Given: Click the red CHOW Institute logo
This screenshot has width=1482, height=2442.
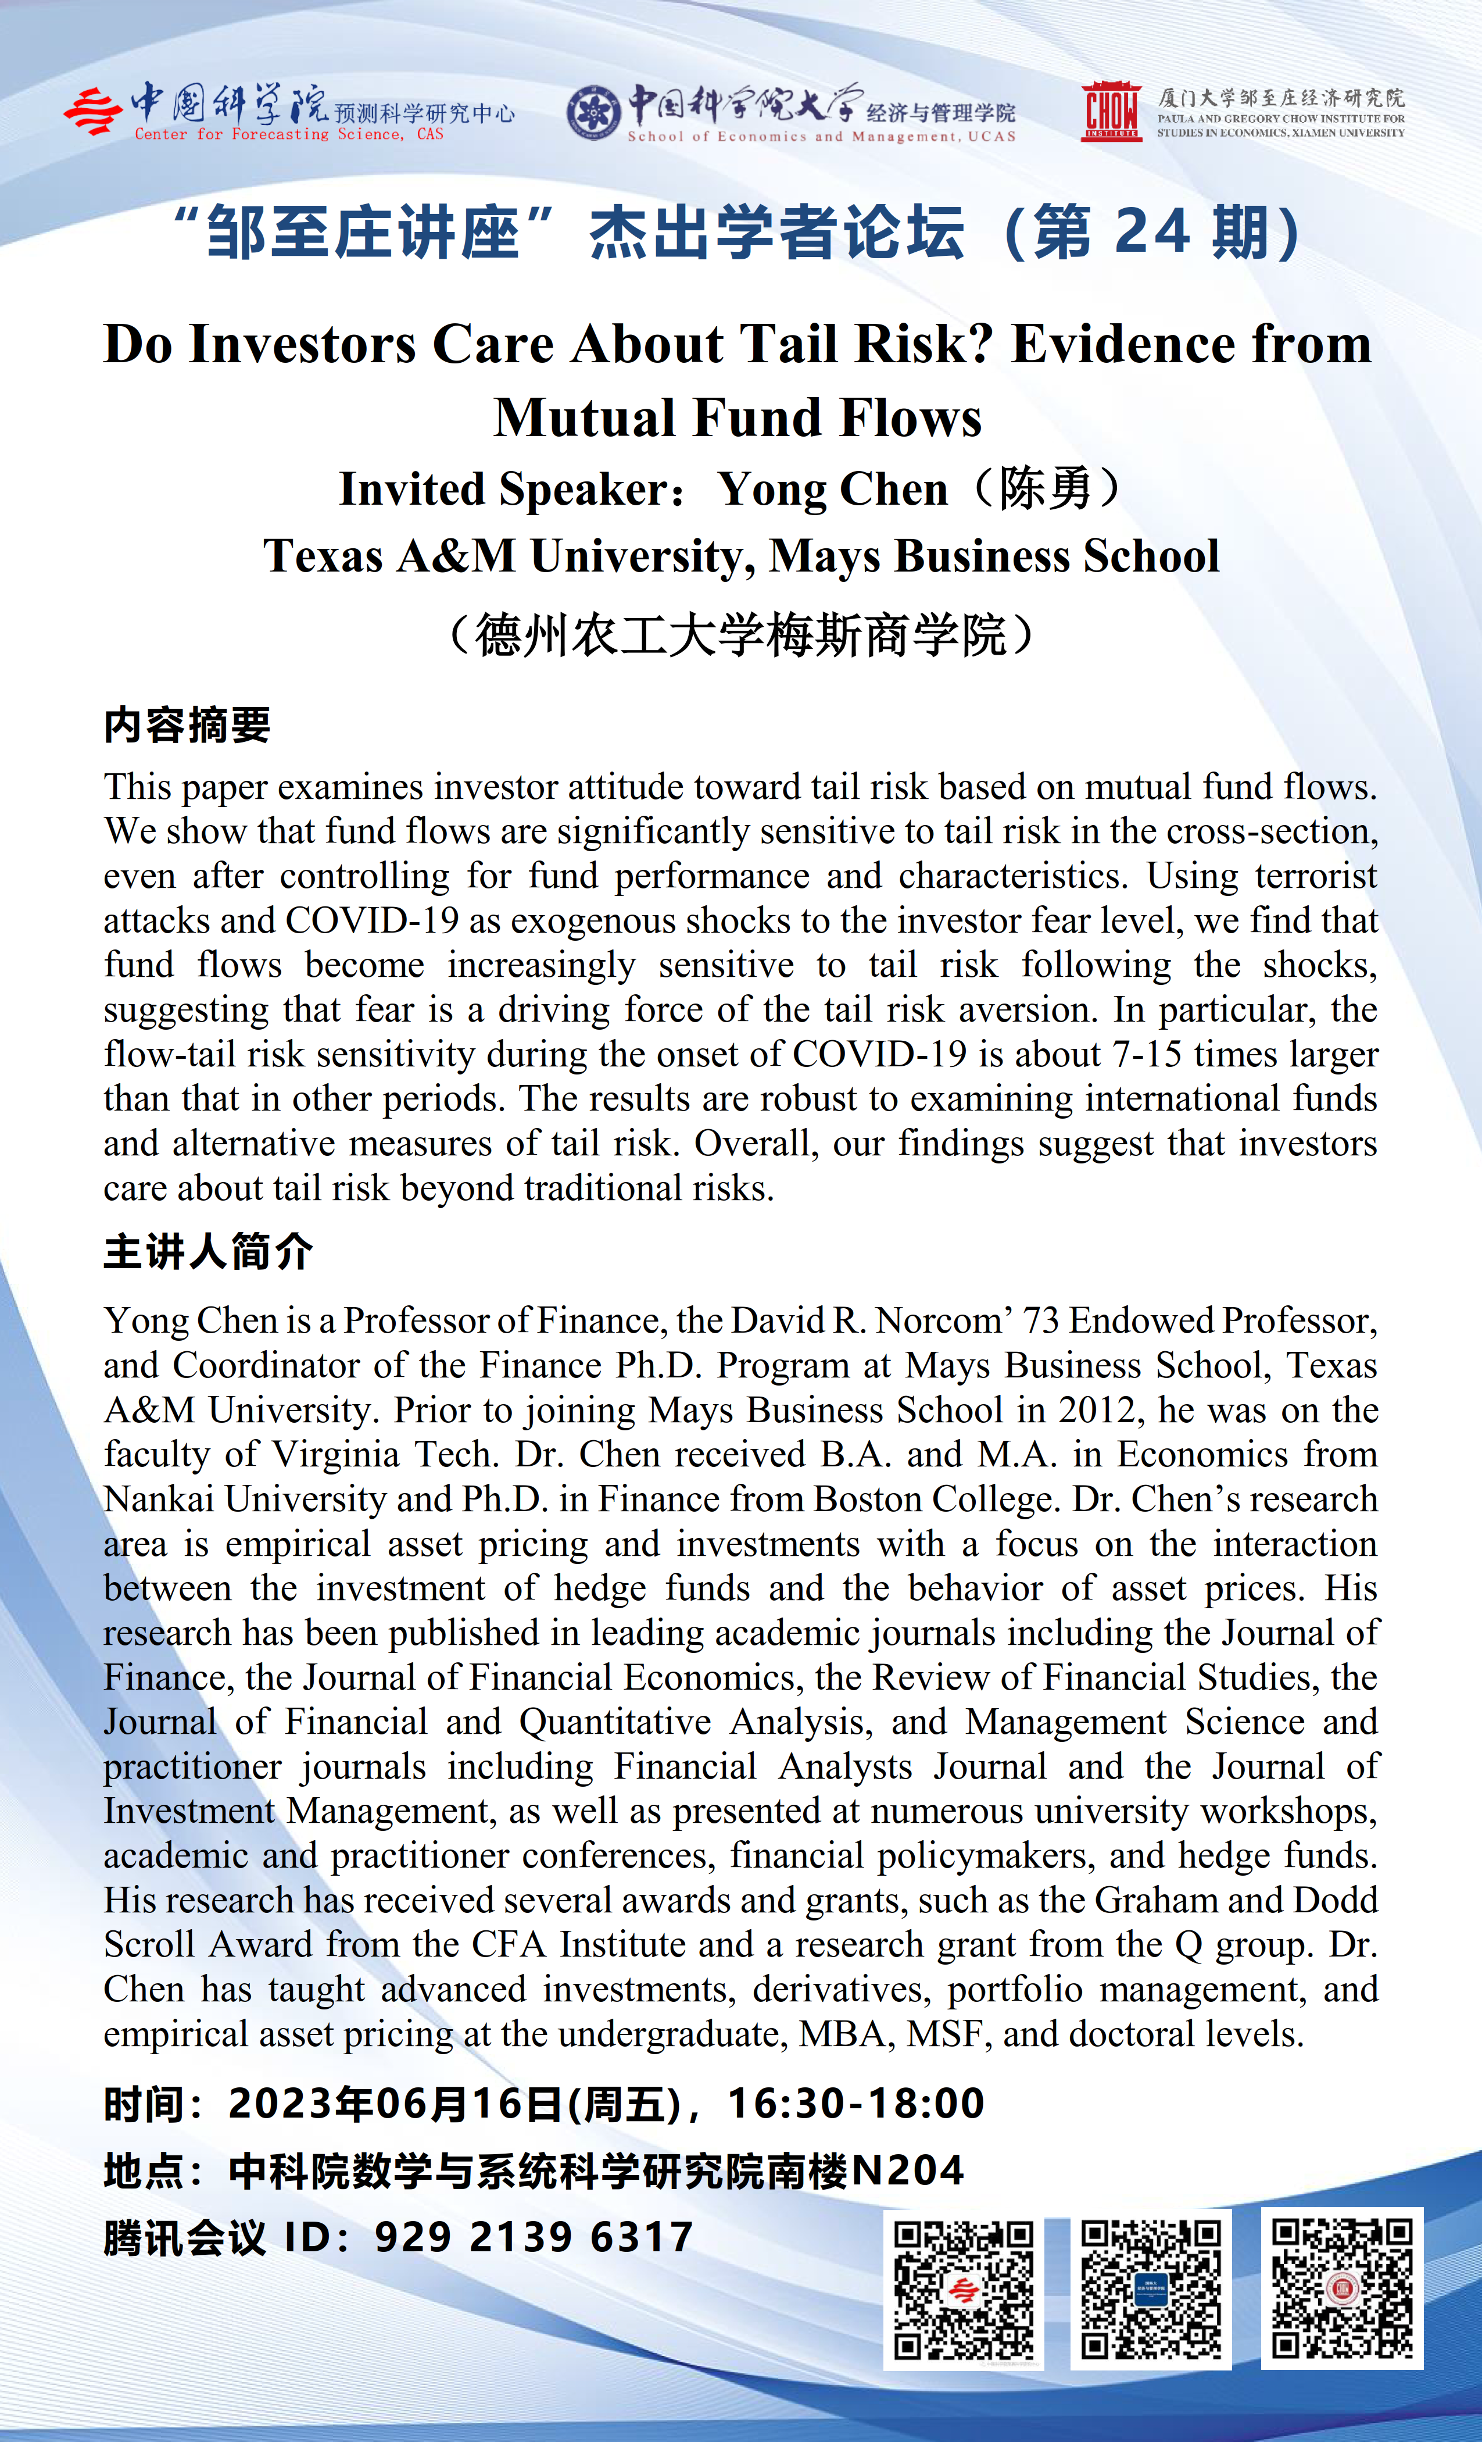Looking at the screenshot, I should tap(1111, 111).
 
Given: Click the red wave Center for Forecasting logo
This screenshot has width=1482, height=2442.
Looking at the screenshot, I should tap(93, 111).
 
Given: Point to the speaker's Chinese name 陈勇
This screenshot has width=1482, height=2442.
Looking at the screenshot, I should tap(1045, 488).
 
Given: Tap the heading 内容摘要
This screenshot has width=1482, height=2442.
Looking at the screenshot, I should tap(187, 726).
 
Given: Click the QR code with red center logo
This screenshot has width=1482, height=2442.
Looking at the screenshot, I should tap(963, 2290).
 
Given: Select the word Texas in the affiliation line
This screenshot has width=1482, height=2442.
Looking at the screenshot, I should tap(323, 556).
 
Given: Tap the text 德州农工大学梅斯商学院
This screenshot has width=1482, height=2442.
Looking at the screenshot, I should tap(741, 636).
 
